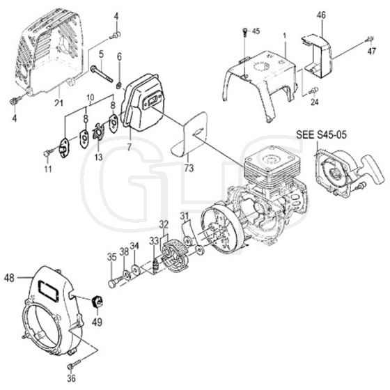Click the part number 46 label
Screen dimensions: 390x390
tap(321, 15)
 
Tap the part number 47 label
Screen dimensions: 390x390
tap(371, 52)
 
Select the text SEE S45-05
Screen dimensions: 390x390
tap(321, 134)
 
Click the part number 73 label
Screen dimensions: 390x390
tap(189, 168)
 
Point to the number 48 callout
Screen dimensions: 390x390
tap(9, 278)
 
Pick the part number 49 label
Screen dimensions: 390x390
tap(97, 322)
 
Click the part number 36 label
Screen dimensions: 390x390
tap(71, 378)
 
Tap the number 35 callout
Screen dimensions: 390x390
tap(111, 257)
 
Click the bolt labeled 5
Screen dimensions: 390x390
tap(102, 73)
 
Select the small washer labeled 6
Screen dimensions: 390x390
tap(119, 86)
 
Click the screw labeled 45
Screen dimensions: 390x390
tap(245, 32)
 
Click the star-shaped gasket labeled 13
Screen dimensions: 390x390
tap(97, 132)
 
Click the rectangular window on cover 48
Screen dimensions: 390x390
tap(48, 290)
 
